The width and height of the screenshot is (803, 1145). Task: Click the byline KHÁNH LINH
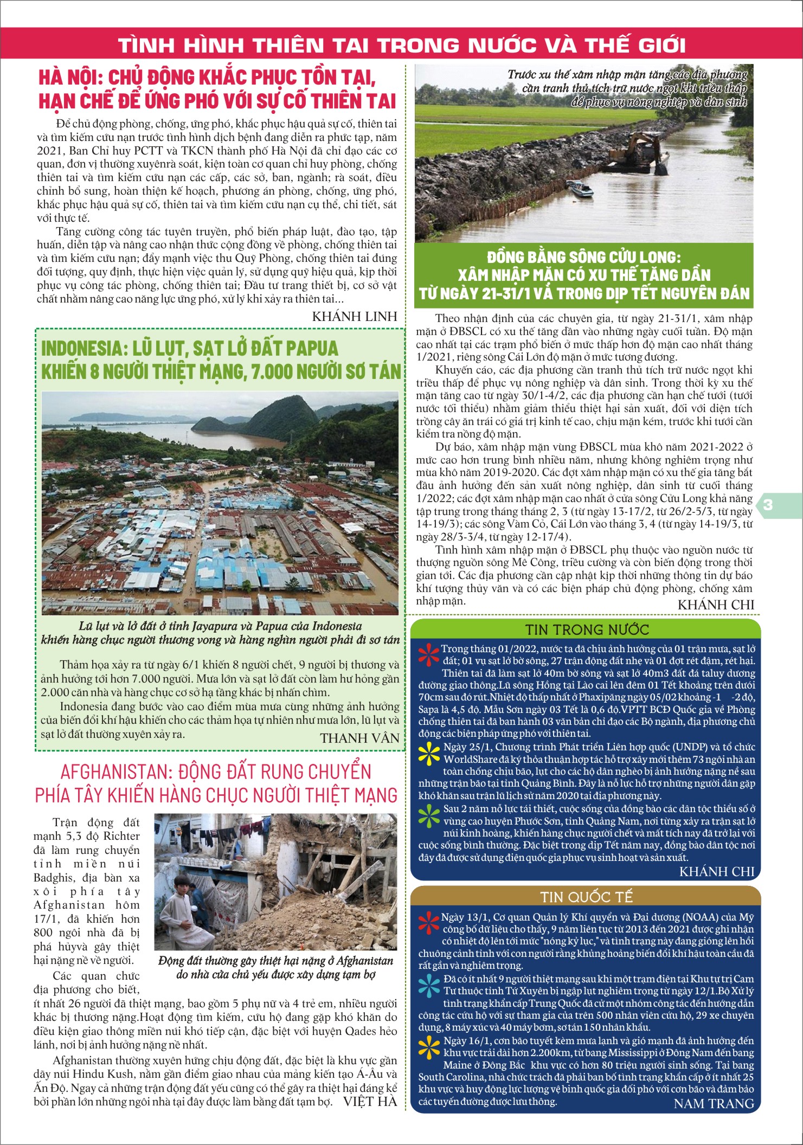coord(355,316)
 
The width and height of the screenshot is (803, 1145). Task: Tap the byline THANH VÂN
coord(359,738)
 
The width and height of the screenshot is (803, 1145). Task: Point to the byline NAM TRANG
coord(714,1103)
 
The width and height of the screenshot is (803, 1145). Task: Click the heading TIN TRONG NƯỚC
coord(587,630)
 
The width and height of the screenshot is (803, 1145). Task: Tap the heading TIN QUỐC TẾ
coord(587,897)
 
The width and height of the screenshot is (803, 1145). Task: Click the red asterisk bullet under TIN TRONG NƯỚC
coord(429,654)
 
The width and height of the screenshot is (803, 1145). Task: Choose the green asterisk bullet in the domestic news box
coord(429,814)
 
